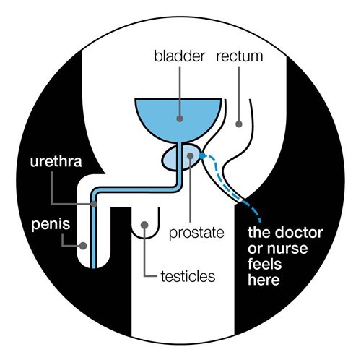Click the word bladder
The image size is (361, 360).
(x=180, y=56)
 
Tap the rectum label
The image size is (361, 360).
(x=240, y=56)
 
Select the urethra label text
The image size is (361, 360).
(x=56, y=161)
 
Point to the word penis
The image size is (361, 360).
(x=51, y=225)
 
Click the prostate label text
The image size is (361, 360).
(x=196, y=233)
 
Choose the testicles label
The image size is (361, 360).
(x=188, y=277)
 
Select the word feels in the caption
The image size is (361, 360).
(x=264, y=264)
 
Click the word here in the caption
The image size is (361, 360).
(x=264, y=280)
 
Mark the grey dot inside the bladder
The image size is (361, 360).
(x=180, y=119)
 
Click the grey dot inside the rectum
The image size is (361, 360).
(x=239, y=124)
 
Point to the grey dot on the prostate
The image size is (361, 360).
(x=191, y=156)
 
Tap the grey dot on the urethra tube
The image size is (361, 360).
(x=94, y=204)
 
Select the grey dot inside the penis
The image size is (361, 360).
(x=83, y=246)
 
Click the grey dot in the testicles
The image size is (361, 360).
(x=144, y=225)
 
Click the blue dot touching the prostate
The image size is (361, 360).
(x=202, y=156)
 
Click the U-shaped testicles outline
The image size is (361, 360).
(x=145, y=238)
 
